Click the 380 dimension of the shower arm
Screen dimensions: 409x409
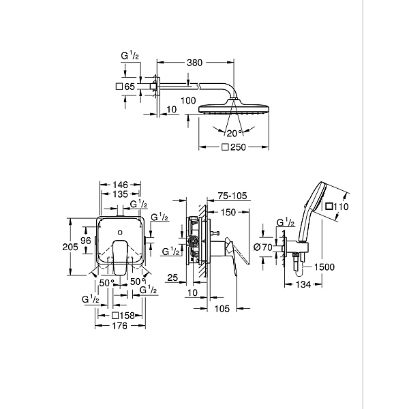point(196,62)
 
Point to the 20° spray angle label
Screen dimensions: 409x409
point(234,132)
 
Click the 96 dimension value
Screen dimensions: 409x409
point(87,241)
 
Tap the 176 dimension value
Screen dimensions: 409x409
point(120,326)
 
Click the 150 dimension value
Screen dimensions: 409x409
point(228,213)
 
